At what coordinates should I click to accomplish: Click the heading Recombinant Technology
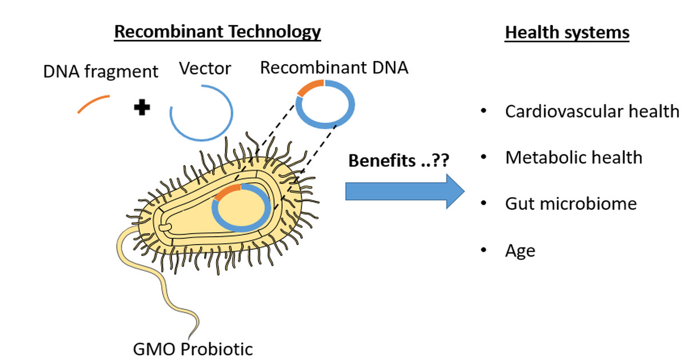pos(217,31)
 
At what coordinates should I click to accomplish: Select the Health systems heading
pos(567,33)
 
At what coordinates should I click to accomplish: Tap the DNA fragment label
pos(101,71)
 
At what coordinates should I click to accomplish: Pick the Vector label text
pos(205,69)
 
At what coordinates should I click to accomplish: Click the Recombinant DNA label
pos(334,67)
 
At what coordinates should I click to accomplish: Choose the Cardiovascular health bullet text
pos(592,111)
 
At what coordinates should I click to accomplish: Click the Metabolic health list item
pos(573,157)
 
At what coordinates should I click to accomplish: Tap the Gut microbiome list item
pos(571,203)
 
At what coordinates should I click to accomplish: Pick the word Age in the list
pos(520,250)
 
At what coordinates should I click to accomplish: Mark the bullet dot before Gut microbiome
pos(484,203)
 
